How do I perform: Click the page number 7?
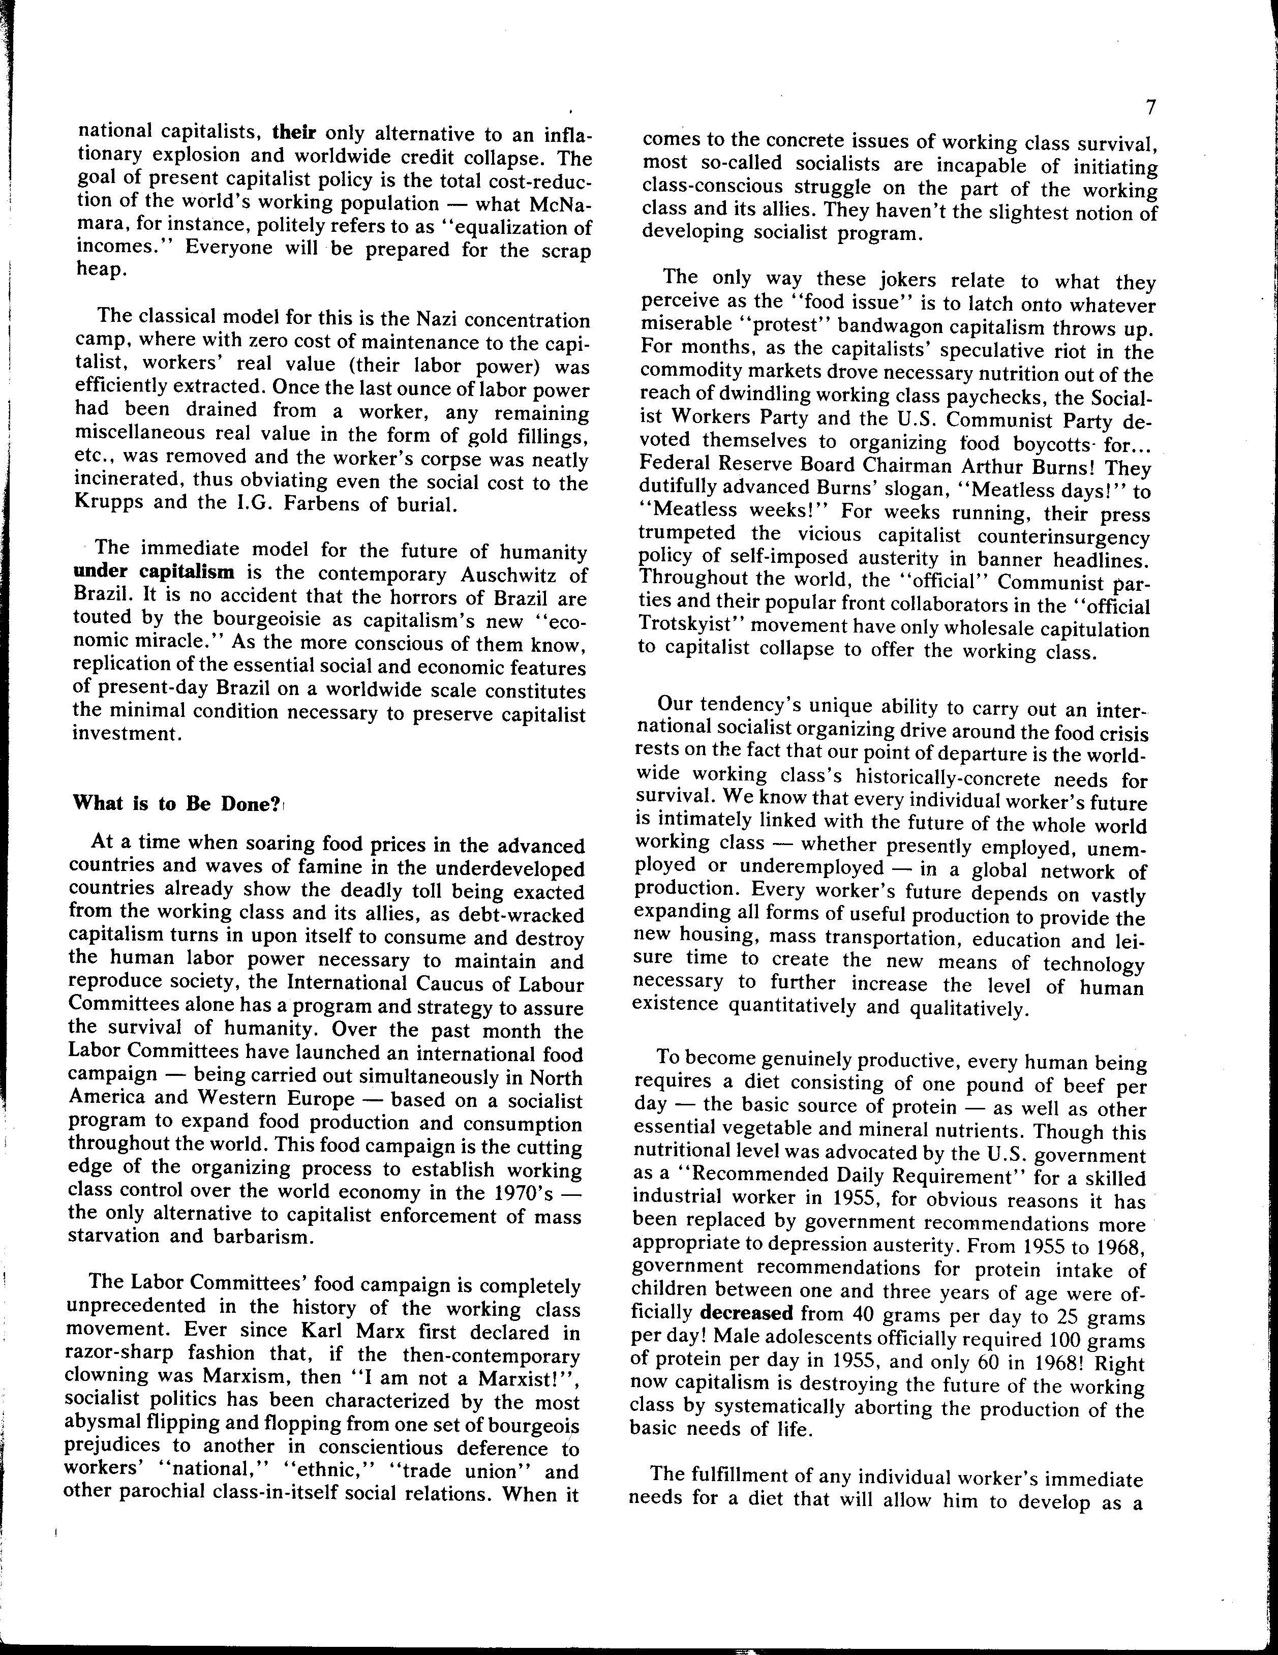[x=1149, y=108]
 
